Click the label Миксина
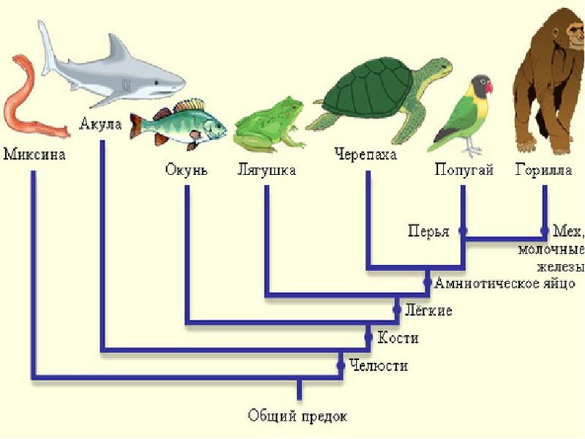[34, 155]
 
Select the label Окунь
[186, 170]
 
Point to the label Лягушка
[266, 170]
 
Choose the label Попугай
[464, 170]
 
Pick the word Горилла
[543, 170]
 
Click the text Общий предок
[298, 416]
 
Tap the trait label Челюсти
[378, 365]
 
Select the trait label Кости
[398, 338]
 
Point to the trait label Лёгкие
[429, 311]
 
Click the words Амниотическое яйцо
[505, 283]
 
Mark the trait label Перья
[429, 231]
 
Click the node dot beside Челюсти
[341, 364]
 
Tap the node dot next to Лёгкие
[396, 310]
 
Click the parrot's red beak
[488, 87]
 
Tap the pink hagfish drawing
[26, 102]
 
